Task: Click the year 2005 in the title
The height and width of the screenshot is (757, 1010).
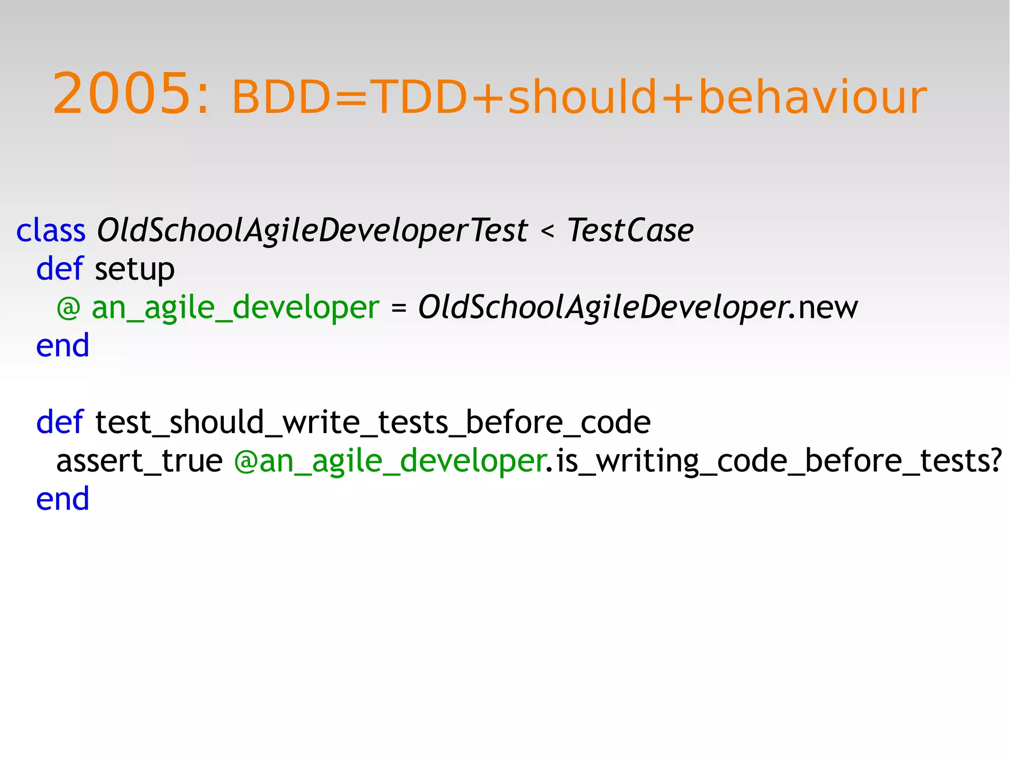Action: pyautogui.click(x=121, y=94)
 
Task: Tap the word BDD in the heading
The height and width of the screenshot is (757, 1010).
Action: pyautogui.click(x=282, y=97)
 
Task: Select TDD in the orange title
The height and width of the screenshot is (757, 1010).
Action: pyautogui.click(x=419, y=97)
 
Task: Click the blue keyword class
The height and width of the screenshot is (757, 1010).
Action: pyautogui.click(x=51, y=230)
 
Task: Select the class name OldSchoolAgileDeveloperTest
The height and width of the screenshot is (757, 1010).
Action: pyautogui.click(x=312, y=230)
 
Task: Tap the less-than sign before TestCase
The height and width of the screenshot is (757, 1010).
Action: pyautogui.click(x=547, y=231)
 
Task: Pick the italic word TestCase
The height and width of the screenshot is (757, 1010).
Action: pyautogui.click(x=630, y=230)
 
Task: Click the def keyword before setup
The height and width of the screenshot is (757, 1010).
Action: pyautogui.click(x=60, y=269)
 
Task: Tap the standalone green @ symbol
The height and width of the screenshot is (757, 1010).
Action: pyautogui.click(x=68, y=308)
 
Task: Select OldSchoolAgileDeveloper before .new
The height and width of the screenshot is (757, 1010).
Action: pyautogui.click(x=602, y=308)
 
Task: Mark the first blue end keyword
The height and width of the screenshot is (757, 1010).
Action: pyautogui.click(x=63, y=345)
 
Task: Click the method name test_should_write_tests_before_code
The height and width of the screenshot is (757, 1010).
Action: pyautogui.click(x=373, y=423)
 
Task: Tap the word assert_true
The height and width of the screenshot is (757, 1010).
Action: pyautogui.click(x=140, y=461)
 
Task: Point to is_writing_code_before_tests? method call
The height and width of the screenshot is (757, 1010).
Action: pyautogui.click(x=779, y=461)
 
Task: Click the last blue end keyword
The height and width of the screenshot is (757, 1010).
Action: pyautogui.click(x=63, y=499)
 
